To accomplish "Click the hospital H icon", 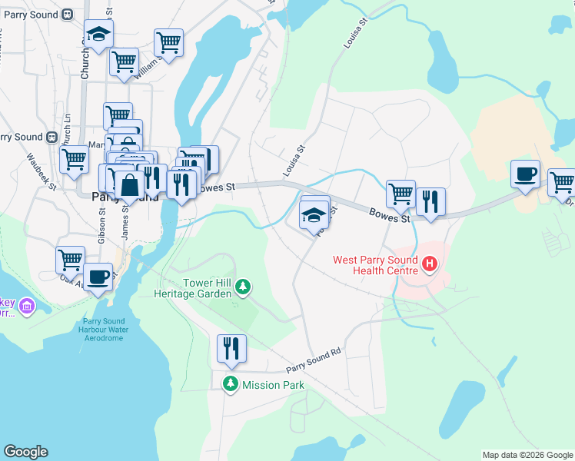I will click(x=430, y=266).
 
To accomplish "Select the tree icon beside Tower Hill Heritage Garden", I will click(x=243, y=287).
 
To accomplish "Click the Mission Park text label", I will click(x=273, y=385).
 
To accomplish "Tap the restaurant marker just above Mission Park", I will click(x=231, y=348).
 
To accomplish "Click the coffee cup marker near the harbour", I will click(x=98, y=276).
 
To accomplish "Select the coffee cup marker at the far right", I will click(x=526, y=174).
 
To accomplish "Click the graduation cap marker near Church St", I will click(x=98, y=33).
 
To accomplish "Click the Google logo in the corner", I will click(x=25, y=452).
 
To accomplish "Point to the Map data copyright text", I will click(x=527, y=455).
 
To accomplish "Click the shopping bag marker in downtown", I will click(x=130, y=185).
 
